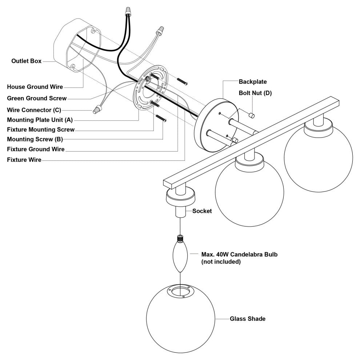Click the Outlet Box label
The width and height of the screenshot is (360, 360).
click(26, 61)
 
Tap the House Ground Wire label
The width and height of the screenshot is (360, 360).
click(35, 87)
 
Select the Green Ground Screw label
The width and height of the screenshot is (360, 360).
click(37, 98)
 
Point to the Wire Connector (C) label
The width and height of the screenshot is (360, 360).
click(34, 109)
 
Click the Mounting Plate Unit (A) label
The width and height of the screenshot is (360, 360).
click(40, 119)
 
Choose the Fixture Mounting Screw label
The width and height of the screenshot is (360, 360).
click(41, 129)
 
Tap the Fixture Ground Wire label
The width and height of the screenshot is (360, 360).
click(36, 149)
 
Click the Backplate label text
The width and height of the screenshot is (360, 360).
click(252, 82)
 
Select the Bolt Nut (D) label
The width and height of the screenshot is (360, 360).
click(255, 93)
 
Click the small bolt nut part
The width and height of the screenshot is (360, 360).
click(251, 115)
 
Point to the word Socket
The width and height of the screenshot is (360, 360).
click(202, 211)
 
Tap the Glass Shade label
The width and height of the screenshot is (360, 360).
click(247, 319)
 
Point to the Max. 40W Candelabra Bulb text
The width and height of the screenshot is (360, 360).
click(239, 258)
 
